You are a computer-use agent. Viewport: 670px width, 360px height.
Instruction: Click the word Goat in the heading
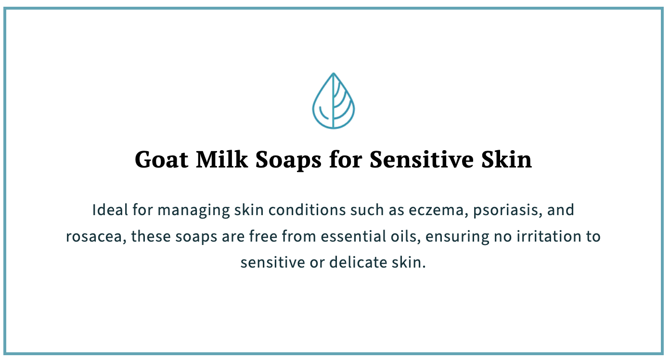(x=162, y=159)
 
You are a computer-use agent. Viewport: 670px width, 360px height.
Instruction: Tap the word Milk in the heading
(x=221, y=159)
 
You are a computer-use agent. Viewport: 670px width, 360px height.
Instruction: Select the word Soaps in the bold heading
(x=288, y=161)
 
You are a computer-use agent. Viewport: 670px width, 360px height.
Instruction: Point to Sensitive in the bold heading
(x=422, y=159)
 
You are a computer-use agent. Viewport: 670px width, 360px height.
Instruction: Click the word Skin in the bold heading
(x=507, y=159)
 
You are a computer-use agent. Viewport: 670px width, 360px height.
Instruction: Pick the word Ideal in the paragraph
(x=110, y=210)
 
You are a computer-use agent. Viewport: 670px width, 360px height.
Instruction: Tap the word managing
(x=193, y=211)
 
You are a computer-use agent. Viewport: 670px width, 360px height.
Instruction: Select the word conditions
(x=307, y=210)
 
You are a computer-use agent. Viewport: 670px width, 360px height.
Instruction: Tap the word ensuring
(x=457, y=237)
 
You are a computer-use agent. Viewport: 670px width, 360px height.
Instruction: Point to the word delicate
(x=358, y=262)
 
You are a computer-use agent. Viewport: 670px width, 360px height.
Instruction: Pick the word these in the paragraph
(x=151, y=236)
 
